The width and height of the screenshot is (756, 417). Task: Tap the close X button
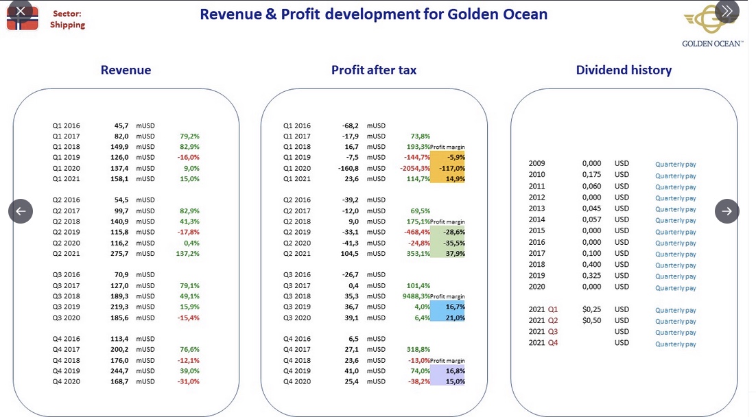pos(21,11)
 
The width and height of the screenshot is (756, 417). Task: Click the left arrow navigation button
pos(21,211)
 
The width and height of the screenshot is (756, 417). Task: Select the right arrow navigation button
pos(727,211)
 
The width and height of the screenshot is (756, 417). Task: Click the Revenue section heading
pos(126,71)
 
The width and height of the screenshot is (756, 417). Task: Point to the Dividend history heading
pos(624,71)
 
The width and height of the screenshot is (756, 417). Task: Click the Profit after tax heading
pos(374,71)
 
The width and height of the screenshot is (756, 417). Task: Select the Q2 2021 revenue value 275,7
pos(119,254)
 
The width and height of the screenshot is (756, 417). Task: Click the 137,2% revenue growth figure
pos(187,254)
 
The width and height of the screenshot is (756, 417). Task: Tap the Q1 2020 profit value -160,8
pos(348,168)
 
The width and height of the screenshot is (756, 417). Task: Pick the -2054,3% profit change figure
pos(415,168)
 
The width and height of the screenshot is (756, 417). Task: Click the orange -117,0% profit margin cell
pos(447,168)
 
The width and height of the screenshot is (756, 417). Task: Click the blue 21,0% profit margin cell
pos(447,318)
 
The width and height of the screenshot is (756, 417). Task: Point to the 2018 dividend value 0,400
pos(591,264)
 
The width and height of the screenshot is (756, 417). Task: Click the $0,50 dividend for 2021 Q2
pos(591,320)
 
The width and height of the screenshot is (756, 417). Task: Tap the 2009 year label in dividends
pos(536,163)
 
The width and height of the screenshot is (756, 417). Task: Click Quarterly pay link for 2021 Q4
pos(676,344)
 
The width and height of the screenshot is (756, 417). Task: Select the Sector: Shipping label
pos(67,19)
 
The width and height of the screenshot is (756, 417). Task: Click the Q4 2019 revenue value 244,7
pos(119,371)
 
